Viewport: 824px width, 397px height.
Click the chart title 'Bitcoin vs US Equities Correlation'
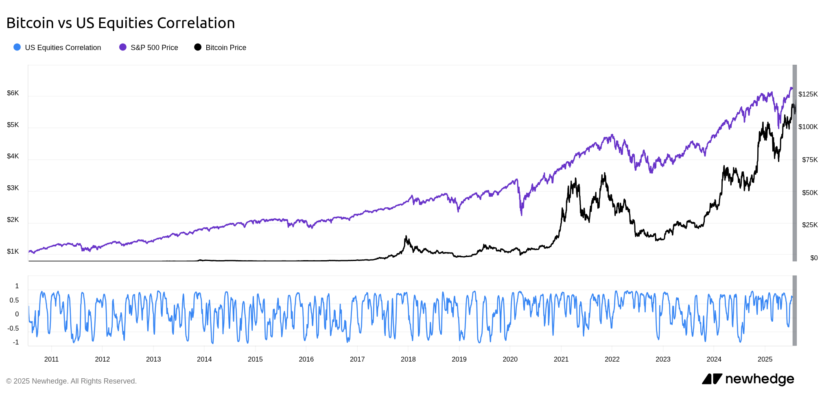point(120,23)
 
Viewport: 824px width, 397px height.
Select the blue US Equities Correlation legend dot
point(17,47)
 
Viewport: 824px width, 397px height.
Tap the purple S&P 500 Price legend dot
point(122,47)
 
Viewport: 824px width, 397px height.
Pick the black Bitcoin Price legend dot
point(198,47)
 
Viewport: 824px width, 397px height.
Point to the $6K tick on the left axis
point(13,93)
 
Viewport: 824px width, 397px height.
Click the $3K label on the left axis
point(13,188)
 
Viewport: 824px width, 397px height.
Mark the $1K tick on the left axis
point(13,252)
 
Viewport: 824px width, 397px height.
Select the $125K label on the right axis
point(808,94)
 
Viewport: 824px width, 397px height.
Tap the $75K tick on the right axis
point(809,160)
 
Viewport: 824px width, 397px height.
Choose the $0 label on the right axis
point(814,258)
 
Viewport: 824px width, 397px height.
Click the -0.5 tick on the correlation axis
point(13,329)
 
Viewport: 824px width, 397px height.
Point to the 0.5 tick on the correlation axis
point(14,300)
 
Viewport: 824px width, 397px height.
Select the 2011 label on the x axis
point(51,359)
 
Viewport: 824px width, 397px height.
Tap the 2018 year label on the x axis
point(408,359)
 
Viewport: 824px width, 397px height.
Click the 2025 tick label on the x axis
point(765,359)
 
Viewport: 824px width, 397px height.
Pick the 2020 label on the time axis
point(510,359)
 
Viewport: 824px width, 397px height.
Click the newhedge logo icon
point(712,379)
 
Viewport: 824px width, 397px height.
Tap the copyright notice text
point(71,381)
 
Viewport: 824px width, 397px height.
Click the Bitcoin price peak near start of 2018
point(406,236)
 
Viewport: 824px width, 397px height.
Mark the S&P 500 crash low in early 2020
point(522,215)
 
